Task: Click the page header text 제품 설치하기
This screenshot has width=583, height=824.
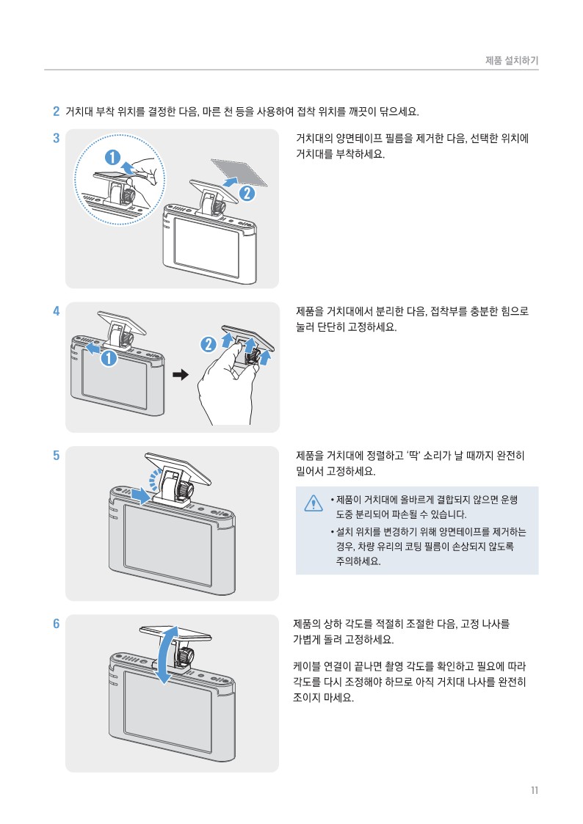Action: pos(512,60)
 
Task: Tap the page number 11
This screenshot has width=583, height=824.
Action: pos(534,790)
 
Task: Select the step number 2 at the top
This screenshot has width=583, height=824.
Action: pos(56,112)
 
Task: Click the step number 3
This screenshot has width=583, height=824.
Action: pos(56,137)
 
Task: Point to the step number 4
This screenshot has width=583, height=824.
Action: pos(56,310)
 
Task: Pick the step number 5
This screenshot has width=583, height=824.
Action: pos(56,455)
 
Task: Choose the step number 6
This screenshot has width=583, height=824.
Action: pos(56,624)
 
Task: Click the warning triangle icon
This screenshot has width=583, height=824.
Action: pos(314,503)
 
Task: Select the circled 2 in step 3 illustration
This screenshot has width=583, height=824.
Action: pos(247,194)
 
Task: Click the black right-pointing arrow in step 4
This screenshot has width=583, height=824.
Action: pos(180,375)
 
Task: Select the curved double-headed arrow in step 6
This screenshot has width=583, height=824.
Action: pos(169,654)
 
